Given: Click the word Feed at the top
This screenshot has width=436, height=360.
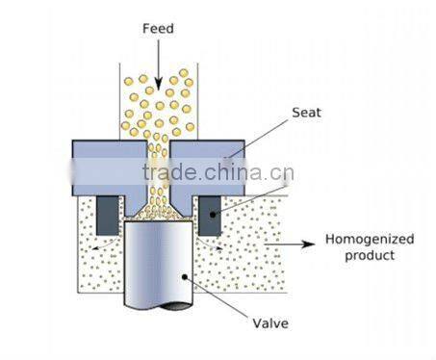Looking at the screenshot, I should point(157,29).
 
